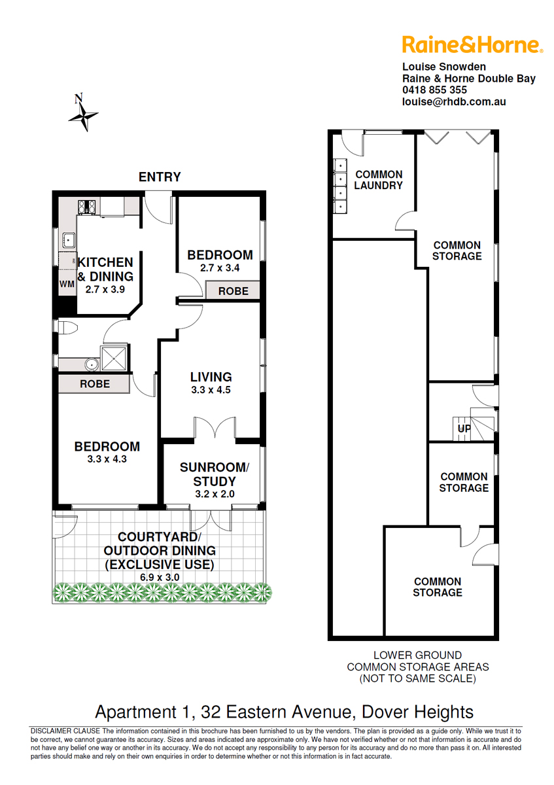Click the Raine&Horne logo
pyautogui.click(x=472, y=44)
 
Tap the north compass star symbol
pyautogui.click(x=83, y=115)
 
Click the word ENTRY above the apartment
pyautogui.click(x=160, y=177)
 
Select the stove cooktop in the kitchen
pyautogui.click(x=86, y=207)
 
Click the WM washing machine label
pyautogui.click(x=67, y=284)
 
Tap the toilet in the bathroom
pyautogui.click(x=67, y=328)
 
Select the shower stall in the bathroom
pyautogui.click(x=114, y=358)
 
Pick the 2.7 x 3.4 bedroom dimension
pyautogui.click(x=220, y=268)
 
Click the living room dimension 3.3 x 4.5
pyautogui.click(x=211, y=390)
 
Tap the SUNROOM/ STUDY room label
pyautogui.click(x=215, y=474)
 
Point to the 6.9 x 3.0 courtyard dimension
pyautogui.click(x=160, y=577)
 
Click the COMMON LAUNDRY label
pyautogui.click(x=379, y=180)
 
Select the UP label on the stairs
pyautogui.click(x=464, y=428)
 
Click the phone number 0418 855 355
pyautogui.click(x=434, y=90)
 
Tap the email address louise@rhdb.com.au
pyautogui.click(x=454, y=101)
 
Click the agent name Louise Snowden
pyautogui.click(x=444, y=67)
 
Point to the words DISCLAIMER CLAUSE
pyautogui.click(x=65, y=731)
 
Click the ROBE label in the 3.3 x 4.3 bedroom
pyautogui.click(x=95, y=384)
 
